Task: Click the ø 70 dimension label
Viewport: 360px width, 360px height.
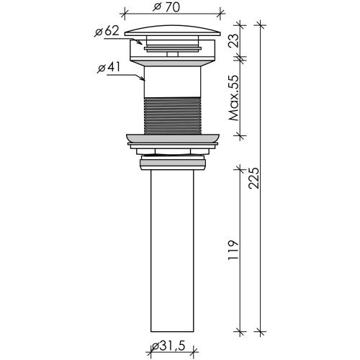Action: [x=166, y=7]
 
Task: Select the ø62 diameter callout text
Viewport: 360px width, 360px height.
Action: [x=107, y=32]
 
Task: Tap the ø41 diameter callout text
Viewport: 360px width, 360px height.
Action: [x=109, y=68]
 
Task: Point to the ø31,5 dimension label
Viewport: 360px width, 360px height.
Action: [x=168, y=346]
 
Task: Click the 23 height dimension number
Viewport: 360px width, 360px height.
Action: [x=234, y=40]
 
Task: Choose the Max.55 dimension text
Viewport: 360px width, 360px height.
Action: [x=234, y=98]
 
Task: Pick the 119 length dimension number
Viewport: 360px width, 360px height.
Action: [x=233, y=250]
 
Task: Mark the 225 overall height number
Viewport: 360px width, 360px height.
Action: [x=254, y=178]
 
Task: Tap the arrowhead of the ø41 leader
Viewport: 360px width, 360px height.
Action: [x=142, y=78]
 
